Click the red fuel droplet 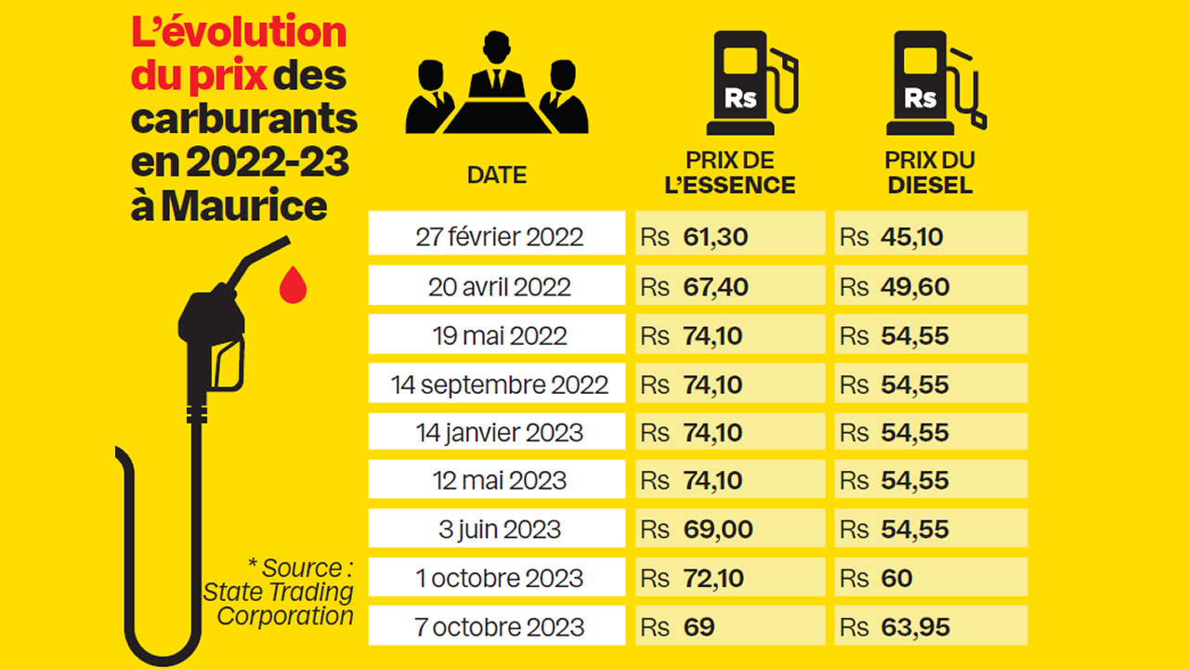tap(293, 285)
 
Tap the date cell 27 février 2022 tap(499, 236)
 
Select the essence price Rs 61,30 tap(729, 236)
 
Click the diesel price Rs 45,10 tap(930, 236)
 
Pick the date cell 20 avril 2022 tap(499, 286)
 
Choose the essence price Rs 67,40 tap(729, 286)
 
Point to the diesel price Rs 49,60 tap(930, 286)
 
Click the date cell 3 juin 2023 tap(499, 530)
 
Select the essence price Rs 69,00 tap(729, 530)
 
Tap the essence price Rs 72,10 tap(729, 578)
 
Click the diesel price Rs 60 tap(930, 578)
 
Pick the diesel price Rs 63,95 tap(930, 626)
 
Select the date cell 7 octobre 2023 tap(499, 626)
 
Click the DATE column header tap(496, 174)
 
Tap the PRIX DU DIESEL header tap(930, 173)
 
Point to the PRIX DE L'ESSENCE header tap(730, 173)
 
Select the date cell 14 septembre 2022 tap(499, 385)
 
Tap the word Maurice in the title tap(244, 205)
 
